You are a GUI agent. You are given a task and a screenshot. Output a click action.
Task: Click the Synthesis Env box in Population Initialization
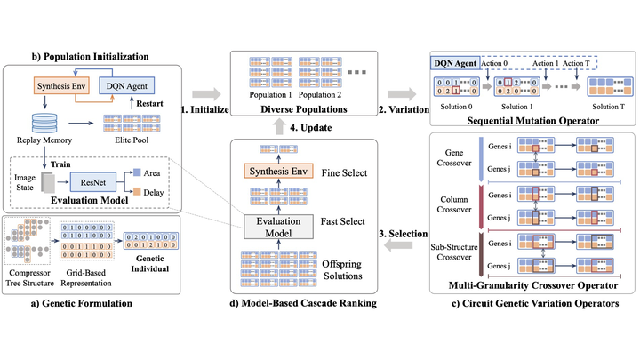click(60, 87)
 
